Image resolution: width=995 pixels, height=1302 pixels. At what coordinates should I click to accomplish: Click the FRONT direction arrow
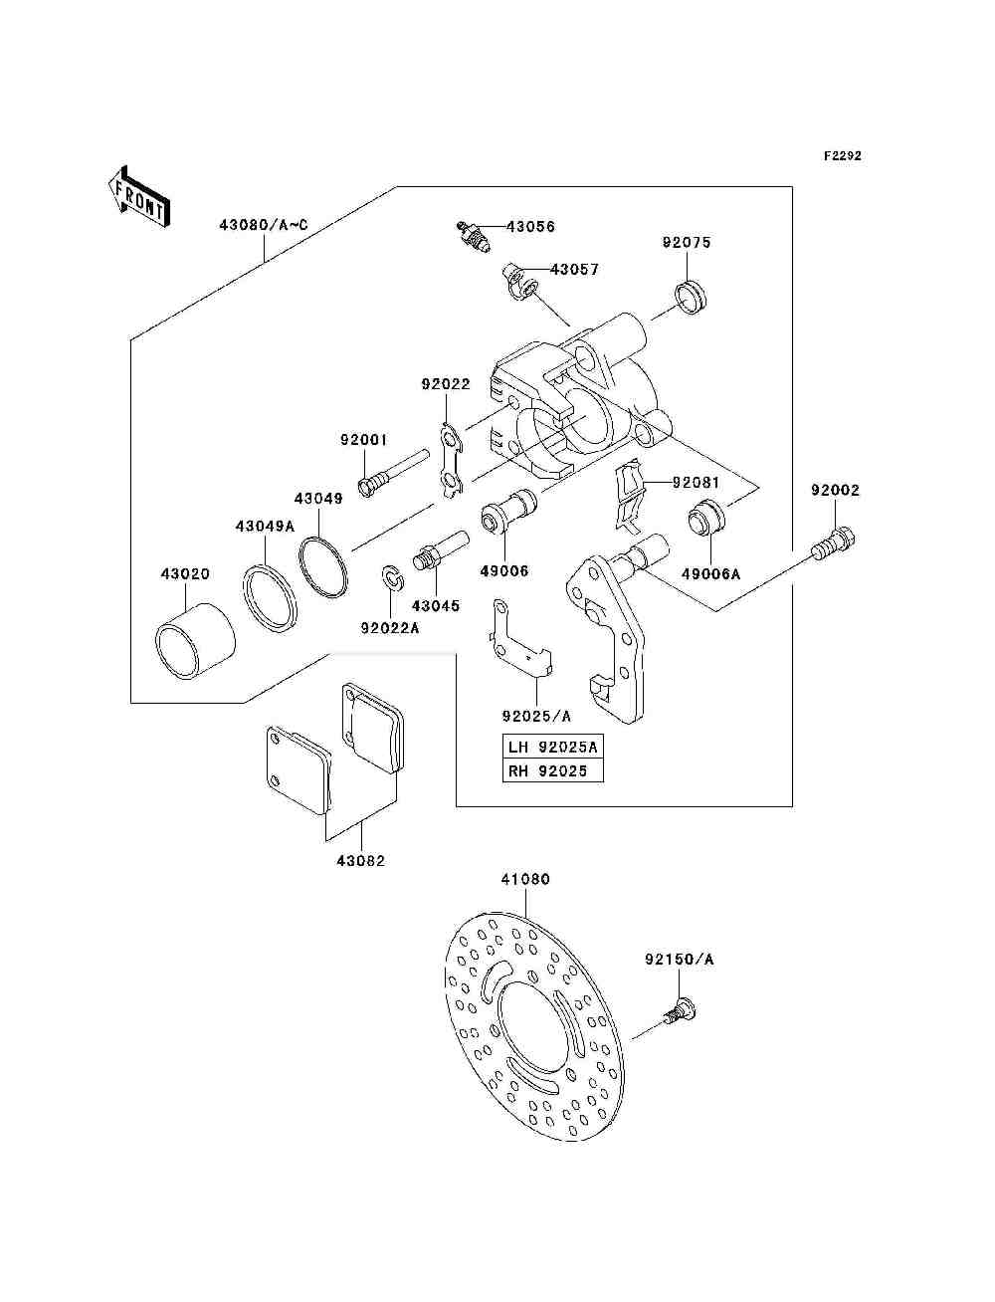coord(140,196)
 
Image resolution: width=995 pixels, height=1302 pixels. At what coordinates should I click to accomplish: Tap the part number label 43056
coord(530,227)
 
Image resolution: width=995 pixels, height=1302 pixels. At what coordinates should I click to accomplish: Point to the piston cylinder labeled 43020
coord(194,641)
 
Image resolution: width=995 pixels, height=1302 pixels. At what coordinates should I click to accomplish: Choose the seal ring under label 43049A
coord(270,596)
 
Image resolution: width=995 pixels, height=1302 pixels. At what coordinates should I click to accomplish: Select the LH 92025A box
coord(552,747)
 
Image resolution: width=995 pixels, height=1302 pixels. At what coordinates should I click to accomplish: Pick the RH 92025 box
coord(552,770)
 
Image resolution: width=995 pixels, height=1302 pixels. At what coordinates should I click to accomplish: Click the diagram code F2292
coord(842,156)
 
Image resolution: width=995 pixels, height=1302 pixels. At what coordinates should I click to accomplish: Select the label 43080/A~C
coord(264,225)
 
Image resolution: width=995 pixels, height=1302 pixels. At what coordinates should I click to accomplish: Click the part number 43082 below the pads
coord(360,860)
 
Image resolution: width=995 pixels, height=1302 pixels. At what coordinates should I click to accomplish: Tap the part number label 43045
coord(436,605)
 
